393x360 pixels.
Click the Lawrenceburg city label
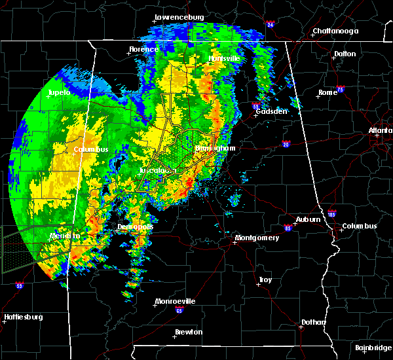coord(180,17)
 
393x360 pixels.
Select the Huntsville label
coord(224,58)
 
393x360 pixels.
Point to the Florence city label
coord(143,49)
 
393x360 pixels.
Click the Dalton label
coord(345,54)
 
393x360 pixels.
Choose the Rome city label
coord(327,92)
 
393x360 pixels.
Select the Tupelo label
coord(59,93)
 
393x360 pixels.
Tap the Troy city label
coord(265,279)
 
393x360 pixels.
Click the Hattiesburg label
coord(24,317)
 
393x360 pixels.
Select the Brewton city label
coord(189,332)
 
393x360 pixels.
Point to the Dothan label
coord(312,322)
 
